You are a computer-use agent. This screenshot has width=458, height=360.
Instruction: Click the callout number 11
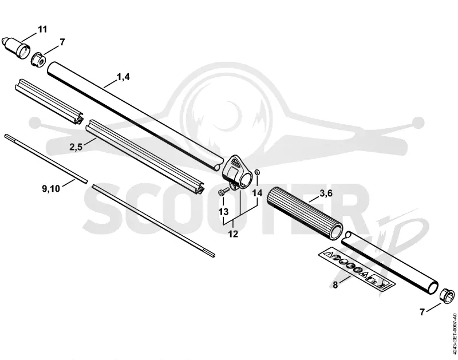click(x=42, y=30)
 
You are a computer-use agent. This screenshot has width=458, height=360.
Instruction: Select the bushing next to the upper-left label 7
click(x=38, y=60)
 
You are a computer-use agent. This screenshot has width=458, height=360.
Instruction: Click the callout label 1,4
click(x=123, y=77)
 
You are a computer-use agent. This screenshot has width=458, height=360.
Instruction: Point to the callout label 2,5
click(x=76, y=147)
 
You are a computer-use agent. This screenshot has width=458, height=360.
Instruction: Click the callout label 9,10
click(x=51, y=189)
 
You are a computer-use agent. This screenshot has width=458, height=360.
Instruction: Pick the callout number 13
click(x=223, y=212)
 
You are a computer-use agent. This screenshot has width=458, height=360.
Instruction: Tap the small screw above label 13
click(x=224, y=192)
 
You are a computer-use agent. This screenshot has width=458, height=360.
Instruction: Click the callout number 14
click(x=257, y=193)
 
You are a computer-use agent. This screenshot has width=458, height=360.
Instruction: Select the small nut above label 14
click(x=257, y=172)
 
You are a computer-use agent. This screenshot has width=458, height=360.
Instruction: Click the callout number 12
click(x=233, y=234)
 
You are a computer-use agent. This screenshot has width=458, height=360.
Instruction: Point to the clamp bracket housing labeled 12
click(x=238, y=172)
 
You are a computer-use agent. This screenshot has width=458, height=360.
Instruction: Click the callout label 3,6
click(x=326, y=193)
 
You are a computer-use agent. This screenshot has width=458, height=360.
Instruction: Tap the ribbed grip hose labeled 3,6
click(x=305, y=213)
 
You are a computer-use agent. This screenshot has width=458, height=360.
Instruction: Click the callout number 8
click(x=335, y=284)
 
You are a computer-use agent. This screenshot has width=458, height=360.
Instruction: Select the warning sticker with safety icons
click(x=356, y=270)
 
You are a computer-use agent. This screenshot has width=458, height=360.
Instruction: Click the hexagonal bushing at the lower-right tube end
click(x=447, y=295)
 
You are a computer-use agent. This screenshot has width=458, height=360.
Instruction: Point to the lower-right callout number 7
click(x=422, y=312)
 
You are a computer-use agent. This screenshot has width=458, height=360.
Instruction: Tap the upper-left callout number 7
click(x=62, y=42)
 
